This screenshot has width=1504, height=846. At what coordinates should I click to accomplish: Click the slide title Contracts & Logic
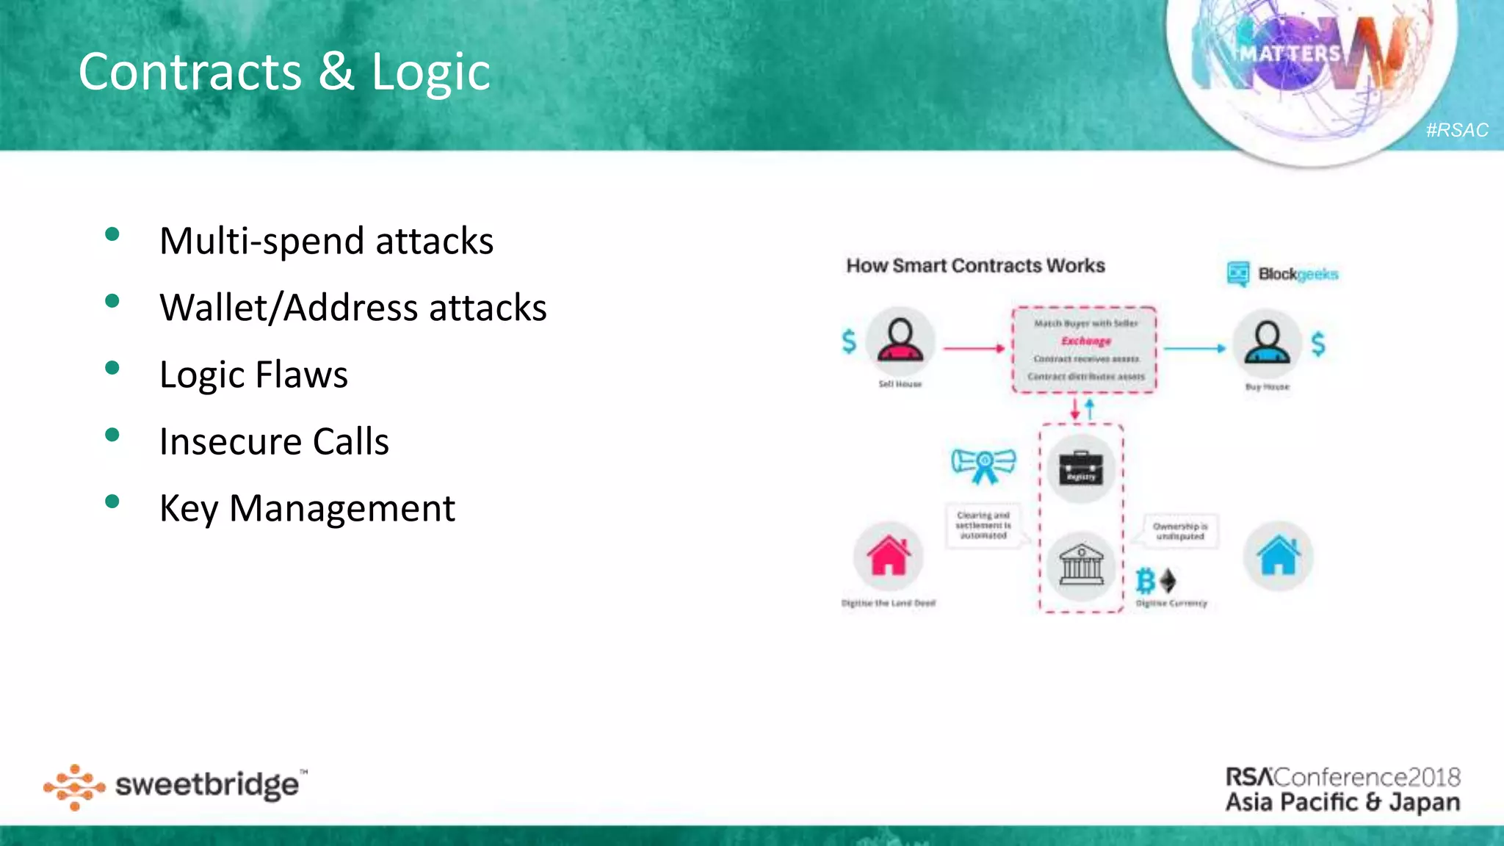click(284, 72)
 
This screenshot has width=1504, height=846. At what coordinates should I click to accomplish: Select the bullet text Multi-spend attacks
click(326, 241)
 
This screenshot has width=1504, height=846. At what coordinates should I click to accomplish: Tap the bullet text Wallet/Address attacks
click(352, 308)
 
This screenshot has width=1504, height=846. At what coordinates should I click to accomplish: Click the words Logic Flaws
click(253, 375)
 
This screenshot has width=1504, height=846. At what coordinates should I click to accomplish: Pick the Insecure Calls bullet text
click(274, 441)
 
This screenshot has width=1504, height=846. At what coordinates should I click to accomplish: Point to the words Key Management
click(307, 508)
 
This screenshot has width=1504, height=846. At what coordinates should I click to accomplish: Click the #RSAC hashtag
click(1456, 130)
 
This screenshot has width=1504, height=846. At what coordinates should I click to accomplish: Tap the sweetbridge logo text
click(207, 785)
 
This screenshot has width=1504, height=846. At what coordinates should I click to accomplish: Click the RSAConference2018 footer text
click(1342, 777)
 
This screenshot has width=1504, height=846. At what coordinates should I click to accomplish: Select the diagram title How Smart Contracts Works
click(975, 266)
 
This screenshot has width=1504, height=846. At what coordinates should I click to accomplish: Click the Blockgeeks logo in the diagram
click(1283, 274)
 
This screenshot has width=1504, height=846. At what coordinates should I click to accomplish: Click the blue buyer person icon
click(1267, 343)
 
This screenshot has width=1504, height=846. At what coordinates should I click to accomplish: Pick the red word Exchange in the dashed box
click(1085, 341)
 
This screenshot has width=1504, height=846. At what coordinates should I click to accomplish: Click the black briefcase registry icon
click(1081, 468)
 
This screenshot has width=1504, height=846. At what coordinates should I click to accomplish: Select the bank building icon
click(1081, 566)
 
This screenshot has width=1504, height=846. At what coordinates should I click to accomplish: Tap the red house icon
click(889, 556)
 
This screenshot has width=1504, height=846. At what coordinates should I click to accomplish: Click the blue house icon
click(1279, 556)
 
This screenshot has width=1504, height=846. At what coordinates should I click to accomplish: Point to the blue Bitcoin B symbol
click(1145, 581)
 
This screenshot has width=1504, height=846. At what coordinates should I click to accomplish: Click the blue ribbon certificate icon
click(983, 465)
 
